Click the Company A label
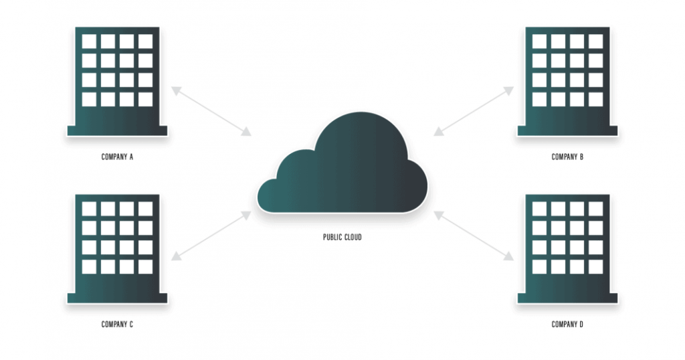pyautogui.click(x=117, y=157)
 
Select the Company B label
pyautogui.click(x=567, y=157)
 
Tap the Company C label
pyautogui.click(x=117, y=324)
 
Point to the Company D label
pyautogui.click(x=567, y=324)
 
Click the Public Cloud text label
pyautogui.click(x=342, y=238)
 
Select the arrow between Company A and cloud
pyautogui.click(x=211, y=111)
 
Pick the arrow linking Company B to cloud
pyautogui.click(x=474, y=111)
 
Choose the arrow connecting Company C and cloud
pyautogui.click(x=211, y=236)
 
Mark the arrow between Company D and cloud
pyautogui.click(x=474, y=236)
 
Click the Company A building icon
pyautogui.click(x=117, y=81)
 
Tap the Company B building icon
pyautogui.click(x=567, y=81)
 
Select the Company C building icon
pyautogui.click(x=117, y=249)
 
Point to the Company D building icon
pyautogui.click(x=567, y=249)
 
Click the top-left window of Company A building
pyautogui.click(x=89, y=41)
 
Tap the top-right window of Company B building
pyautogui.click(x=596, y=41)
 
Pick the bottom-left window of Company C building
pyautogui.click(x=89, y=267)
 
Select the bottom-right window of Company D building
pyautogui.click(x=596, y=267)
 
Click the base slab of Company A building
pyautogui.click(x=117, y=130)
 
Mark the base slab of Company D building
pyautogui.click(x=567, y=298)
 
